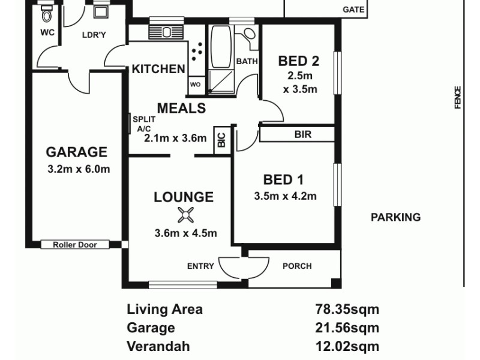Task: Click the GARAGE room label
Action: pyautogui.click(x=76, y=152)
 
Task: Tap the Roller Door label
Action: pyautogui.click(x=76, y=245)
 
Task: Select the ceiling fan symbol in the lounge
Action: pyautogui.click(x=185, y=215)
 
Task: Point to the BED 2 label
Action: pyautogui.click(x=298, y=61)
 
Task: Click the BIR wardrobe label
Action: pyautogui.click(x=303, y=134)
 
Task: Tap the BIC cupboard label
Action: pyautogui.click(x=221, y=140)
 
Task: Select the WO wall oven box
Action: pyautogui.click(x=195, y=85)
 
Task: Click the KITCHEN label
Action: pyautogui.click(x=158, y=69)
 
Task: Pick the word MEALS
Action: pyautogui.click(x=181, y=108)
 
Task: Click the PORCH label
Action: pyautogui.click(x=297, y=266)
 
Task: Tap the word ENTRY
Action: pyautogui.click(x=200, y=266)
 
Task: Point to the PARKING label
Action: pyautogui.click(x=395, y=217)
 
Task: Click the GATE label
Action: pyautogui.click(x=353, y=10)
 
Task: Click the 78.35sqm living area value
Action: pyautogui.click(x=347, y=310)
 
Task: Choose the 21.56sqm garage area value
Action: pyautogui.click(x=347, y=328)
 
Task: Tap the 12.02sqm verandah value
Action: pyautogui.click(x=347, y=346)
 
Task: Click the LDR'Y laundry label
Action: pyautogui.click(x=94, y=34)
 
